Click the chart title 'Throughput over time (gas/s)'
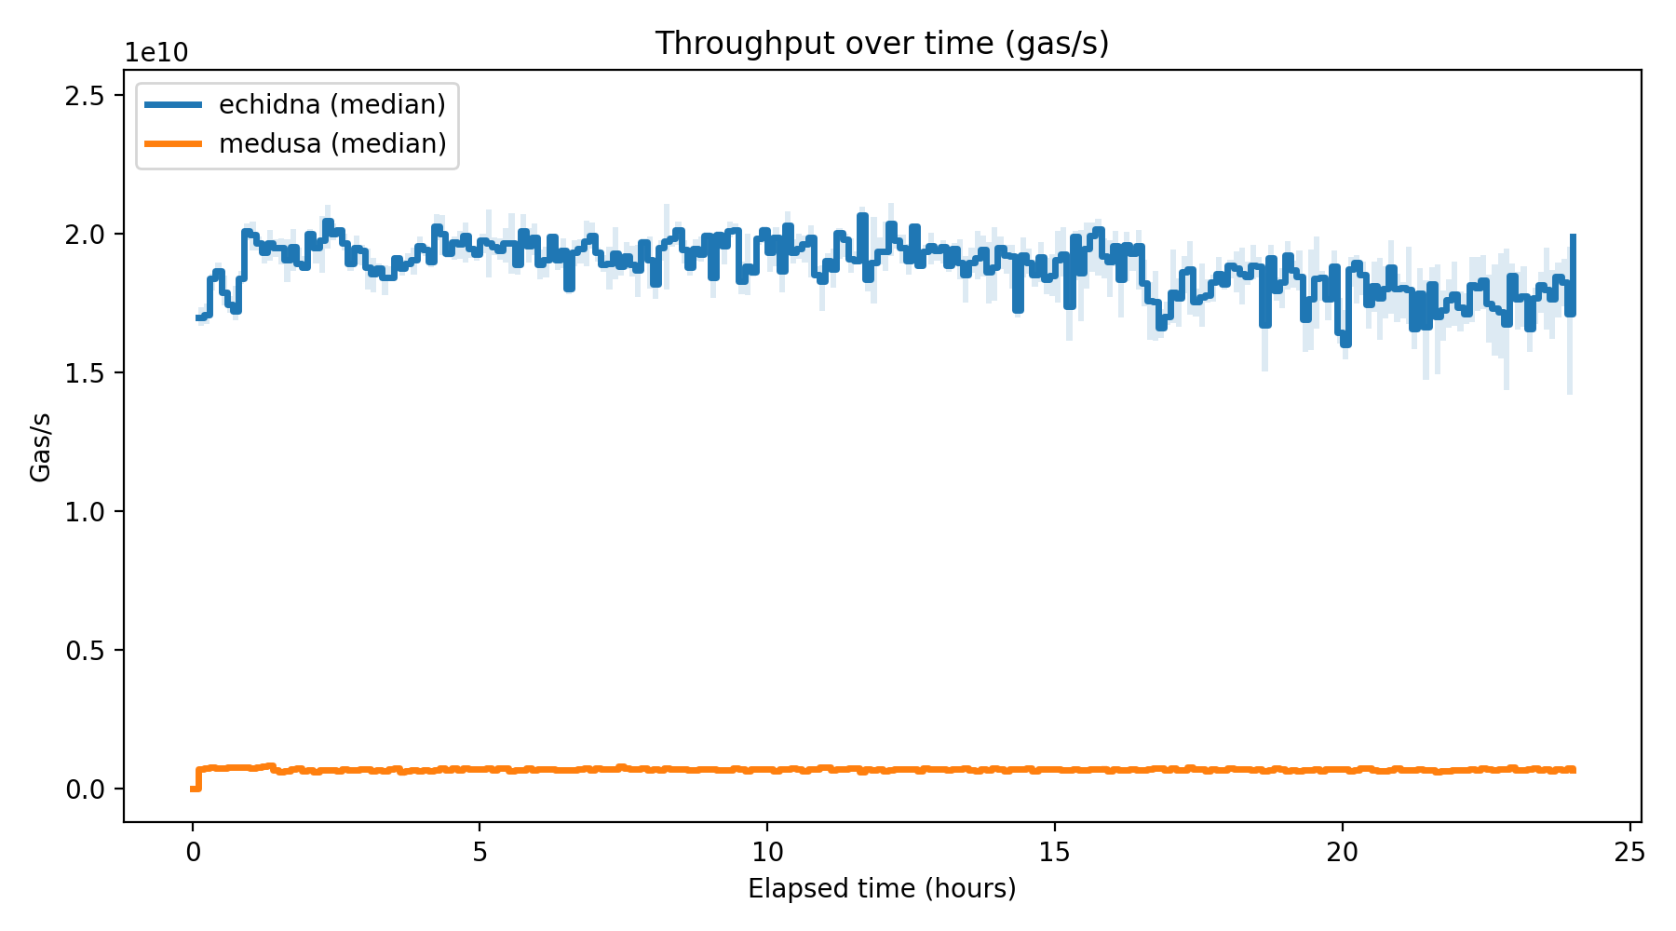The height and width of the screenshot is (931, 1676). (882, 44)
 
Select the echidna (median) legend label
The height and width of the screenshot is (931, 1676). (332, 104)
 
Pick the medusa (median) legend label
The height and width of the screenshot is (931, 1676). (332, 143)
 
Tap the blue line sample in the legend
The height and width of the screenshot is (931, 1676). (173, 104)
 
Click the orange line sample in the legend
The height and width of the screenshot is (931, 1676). (173, 143)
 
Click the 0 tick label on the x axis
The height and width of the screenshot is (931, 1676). (193, 852)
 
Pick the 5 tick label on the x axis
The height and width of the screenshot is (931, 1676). (480, 852)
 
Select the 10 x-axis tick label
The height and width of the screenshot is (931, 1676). (767, 852)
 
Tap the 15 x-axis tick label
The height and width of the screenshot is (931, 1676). (1055, 852)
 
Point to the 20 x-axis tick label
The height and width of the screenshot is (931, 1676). (1343, 852)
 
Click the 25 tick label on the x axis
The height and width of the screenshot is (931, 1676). (1629, 852)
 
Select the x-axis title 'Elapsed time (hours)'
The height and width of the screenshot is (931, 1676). (882, 889)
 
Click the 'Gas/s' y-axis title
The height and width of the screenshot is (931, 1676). (40, 447)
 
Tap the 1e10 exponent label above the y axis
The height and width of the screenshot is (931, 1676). (156, 53)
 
